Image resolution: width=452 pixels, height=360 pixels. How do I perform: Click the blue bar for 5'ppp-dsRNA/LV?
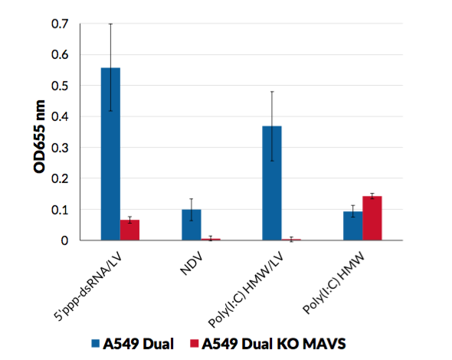110,154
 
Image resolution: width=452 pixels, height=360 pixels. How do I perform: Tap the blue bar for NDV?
191,225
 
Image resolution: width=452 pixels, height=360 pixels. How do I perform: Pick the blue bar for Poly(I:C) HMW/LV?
272,183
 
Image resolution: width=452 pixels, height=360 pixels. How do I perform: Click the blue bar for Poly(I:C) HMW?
352,226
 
